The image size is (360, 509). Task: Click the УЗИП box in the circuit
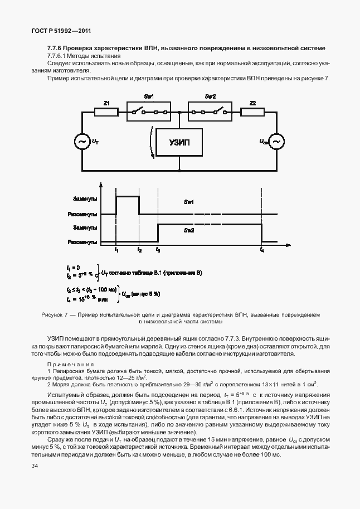pyautogui.click(x=179, y=143)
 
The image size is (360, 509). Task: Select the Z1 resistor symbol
pyautogui.click(x=106, y=112)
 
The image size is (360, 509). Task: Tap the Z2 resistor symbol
pyautogui.click(x=253, y=112)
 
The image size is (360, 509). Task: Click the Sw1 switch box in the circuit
pyautogui.click(x=149, y=112)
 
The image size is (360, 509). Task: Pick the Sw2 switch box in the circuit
pyautogui.click(x=210, y=112)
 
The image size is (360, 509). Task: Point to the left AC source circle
pyautogui.click(x=82, y=142)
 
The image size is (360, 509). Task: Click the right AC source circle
pyautogui.click(x=276, y=142)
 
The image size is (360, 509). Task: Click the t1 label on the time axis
pyautogui.click(x=116, y=250)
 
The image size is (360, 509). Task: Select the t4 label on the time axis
pyautogui.click(x=262, y=250)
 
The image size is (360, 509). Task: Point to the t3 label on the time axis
pyautogui.click(x=158, y=250)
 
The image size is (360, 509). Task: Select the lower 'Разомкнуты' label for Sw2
pyautogui.click(x=82, y=242)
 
